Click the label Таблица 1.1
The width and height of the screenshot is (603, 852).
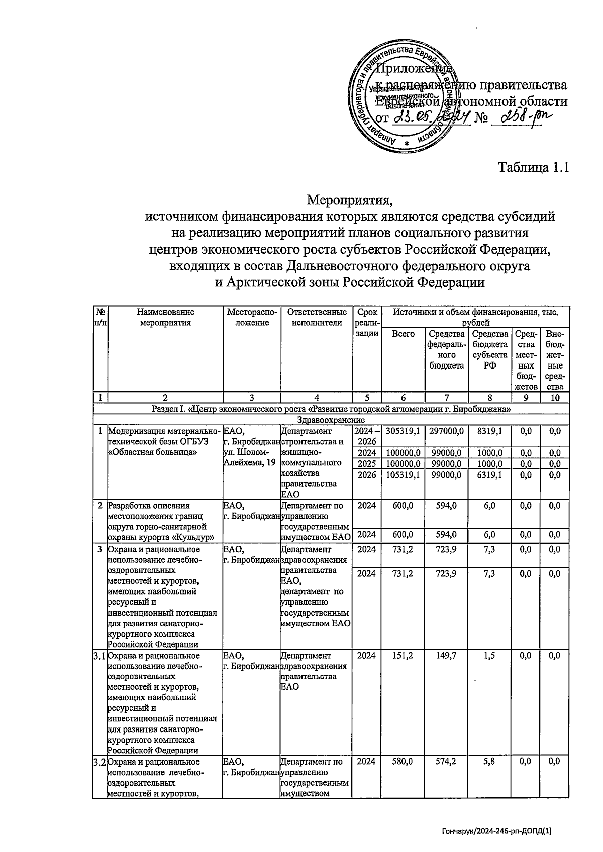533,167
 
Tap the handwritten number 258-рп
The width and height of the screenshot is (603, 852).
521,119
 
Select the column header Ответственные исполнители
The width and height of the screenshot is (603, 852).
317,317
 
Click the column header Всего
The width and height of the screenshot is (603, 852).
403,334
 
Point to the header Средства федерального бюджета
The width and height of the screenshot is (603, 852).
446,349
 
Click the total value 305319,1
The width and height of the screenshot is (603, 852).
403,431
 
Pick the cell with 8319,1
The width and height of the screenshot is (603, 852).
489,431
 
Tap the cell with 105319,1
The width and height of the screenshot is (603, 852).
403,474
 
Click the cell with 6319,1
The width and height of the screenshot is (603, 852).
489,474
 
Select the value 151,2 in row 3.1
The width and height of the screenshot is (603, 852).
403,655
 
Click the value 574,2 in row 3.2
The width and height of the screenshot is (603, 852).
446,761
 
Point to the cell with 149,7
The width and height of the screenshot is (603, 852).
446,655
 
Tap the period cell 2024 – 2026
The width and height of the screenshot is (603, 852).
366,436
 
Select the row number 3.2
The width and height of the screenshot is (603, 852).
100,762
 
